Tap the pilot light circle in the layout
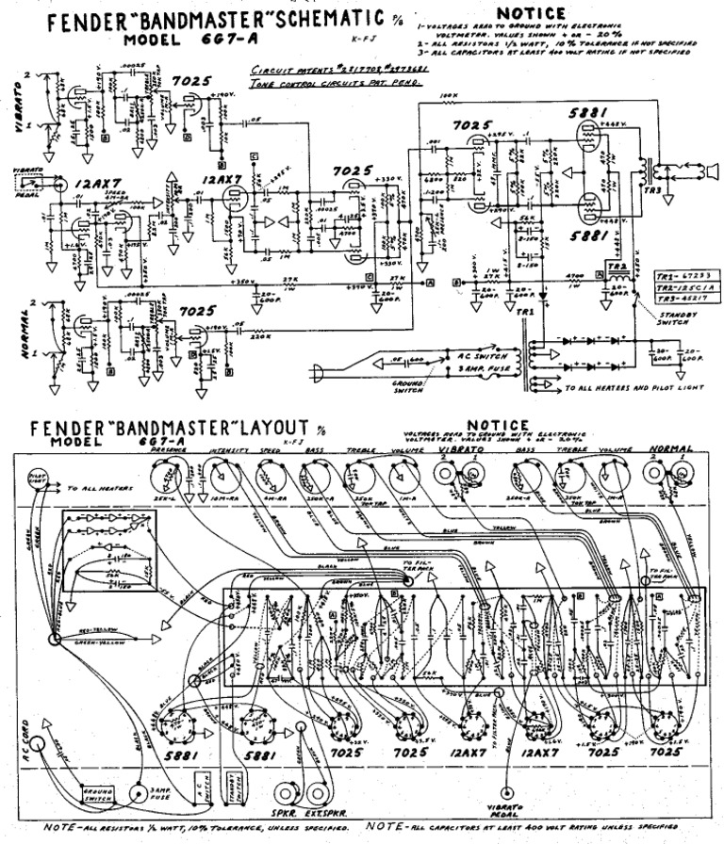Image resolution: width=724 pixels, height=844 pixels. click(x=38, y=478)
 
